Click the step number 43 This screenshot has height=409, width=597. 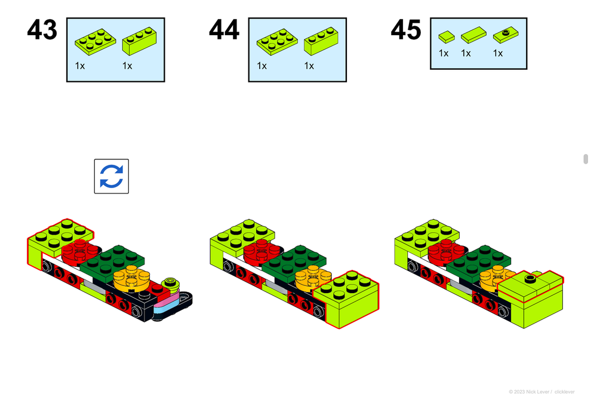42,30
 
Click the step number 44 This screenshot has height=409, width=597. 224,30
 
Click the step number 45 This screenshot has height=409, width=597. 406,30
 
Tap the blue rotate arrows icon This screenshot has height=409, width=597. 111,176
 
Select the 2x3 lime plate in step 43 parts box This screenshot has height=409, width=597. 95,40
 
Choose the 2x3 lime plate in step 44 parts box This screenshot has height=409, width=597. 277,40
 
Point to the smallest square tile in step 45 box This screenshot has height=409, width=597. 446,37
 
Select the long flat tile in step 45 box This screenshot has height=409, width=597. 473,35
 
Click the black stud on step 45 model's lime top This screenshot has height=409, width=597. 528,278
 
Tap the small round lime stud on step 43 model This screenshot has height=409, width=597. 172,281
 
